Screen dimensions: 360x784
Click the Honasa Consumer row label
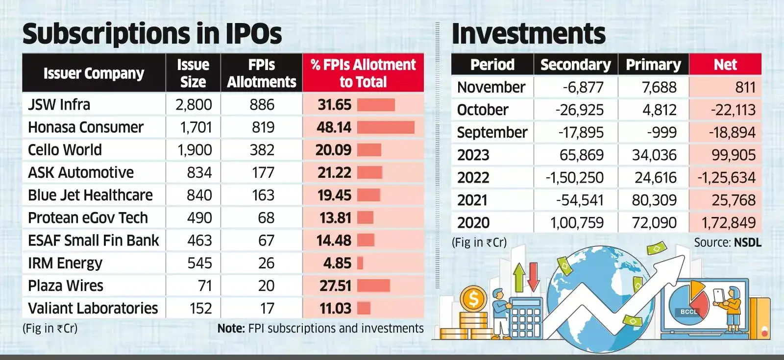coord(86,127)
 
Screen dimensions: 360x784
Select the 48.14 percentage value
coord(334,127)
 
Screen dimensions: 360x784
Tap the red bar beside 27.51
coord(373,286)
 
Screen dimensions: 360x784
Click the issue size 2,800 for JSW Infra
coord(194,105)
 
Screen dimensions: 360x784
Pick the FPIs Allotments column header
coord(262,73)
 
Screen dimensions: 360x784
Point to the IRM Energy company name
coord(65,263)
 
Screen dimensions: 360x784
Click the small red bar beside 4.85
coord(360,263)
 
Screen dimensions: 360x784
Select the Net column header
coord(725,65)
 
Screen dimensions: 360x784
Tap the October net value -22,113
coord(733,110)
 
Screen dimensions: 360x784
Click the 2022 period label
coord(473,177)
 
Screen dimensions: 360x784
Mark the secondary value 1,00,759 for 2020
coord(577,223)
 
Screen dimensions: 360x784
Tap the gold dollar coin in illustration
coord(473,299)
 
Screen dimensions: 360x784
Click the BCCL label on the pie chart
coord(688,312)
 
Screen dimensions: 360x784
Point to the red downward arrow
coord(533,276)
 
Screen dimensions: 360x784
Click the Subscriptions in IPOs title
coord(152,34)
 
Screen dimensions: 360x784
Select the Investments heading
coord(528,34)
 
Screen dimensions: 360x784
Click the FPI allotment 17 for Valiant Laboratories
coord(267,309)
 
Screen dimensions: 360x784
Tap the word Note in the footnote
coord(231,328)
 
